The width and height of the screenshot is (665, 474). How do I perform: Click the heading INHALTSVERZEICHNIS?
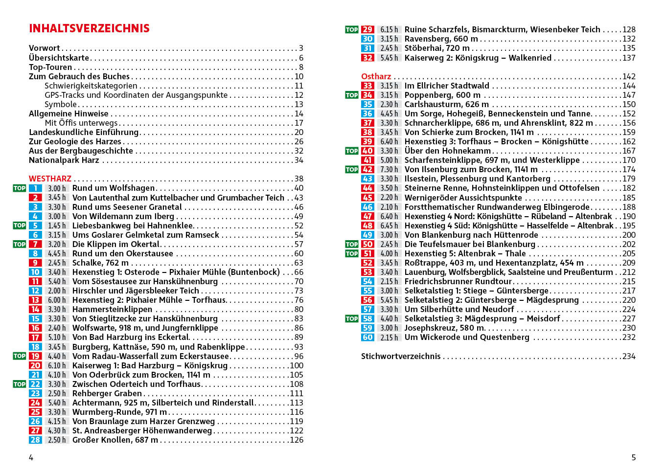coord(89,28)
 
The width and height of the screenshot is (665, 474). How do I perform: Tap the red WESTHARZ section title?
coord(50,179)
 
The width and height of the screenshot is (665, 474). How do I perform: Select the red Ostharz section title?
coord(376,76)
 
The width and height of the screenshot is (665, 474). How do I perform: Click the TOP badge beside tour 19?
coord(20,356)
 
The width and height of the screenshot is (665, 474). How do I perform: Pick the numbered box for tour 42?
coord(367,169)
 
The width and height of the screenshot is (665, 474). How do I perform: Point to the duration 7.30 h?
coord(389,169)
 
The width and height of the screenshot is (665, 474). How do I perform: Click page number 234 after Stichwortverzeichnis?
coord(629,356)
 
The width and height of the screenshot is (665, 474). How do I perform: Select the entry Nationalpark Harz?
coord(64,160)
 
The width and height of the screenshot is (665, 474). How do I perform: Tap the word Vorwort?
coord(44,48)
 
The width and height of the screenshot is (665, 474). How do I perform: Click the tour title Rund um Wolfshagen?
coord(114,188)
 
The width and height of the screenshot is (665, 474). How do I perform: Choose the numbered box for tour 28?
coord(35,440)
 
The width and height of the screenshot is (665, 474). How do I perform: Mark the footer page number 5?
coord(633,457)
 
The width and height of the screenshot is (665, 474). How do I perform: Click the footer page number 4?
coord(31,457)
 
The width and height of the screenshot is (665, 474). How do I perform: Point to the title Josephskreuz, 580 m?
coord(444,328)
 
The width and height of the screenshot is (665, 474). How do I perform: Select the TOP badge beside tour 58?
coord(352,318)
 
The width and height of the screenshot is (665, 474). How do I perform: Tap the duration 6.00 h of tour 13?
coord(57,300)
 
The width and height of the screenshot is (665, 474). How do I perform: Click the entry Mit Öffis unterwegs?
coord(81,123)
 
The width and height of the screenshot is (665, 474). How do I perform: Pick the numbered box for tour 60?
coord(367,337)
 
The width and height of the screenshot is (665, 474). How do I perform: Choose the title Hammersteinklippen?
coord(112,309)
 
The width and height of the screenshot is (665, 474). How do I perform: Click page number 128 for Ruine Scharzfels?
coord(629,29)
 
